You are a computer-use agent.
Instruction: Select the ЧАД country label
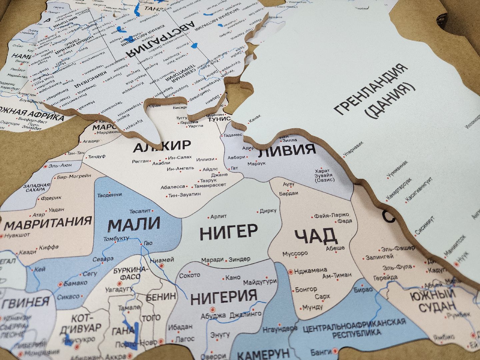[x=315, y=236]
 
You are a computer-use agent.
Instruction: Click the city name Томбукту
[x=116, y=239]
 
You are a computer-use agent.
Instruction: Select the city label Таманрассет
[x=210, y=185]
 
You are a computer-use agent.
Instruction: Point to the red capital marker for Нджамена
[x=290, y=272]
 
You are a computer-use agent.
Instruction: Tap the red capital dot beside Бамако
[x=60, y=284]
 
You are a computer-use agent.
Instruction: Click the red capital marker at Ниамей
[x=162, y=266]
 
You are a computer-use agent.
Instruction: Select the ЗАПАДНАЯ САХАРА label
[x=36, y=187]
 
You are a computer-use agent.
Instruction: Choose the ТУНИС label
[x=219, y=119]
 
